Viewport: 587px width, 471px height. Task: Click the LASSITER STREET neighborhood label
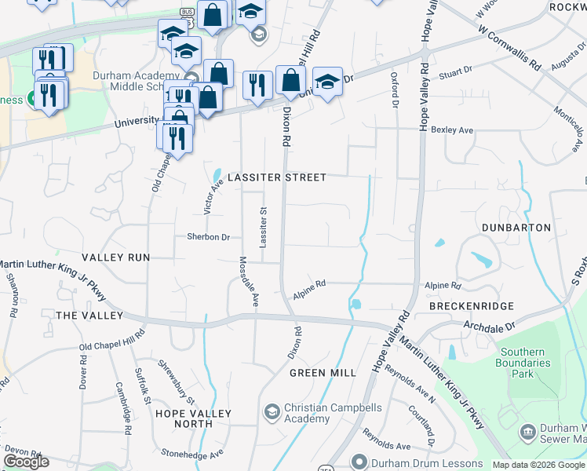click(x=277, y=177)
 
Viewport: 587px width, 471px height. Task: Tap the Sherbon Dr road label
click(x=208, y=237)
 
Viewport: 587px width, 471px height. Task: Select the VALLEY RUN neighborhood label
click(x=115, y=257)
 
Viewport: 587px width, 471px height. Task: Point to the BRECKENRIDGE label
click(x=471, y=306)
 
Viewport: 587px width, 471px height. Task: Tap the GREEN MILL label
click(x=323, y=373)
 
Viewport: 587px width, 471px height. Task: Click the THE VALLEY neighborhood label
click(x=89, y=316)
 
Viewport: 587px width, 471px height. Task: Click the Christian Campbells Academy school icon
click(x=272, y=412)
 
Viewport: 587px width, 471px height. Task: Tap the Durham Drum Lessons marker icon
click(x=359, y=462)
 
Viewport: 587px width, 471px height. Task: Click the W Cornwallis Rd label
click(x=509, y=45)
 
